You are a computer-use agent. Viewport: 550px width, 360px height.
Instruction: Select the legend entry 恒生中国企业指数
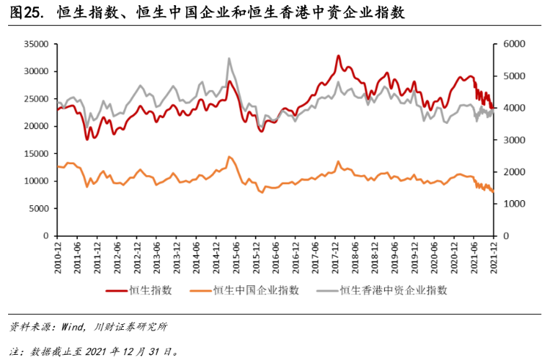click(x=262, y=290)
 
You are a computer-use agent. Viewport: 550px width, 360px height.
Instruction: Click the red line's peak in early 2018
click(x=339, y=56)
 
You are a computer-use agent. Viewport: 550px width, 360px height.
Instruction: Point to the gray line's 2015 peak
click(x=230, y=59)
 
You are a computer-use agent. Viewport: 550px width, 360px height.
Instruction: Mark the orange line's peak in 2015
click(x=230, y=157)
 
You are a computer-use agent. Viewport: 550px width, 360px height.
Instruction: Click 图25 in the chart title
click(x=23, y=14)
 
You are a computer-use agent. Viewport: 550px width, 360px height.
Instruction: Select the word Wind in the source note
click(x=69, y=326)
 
